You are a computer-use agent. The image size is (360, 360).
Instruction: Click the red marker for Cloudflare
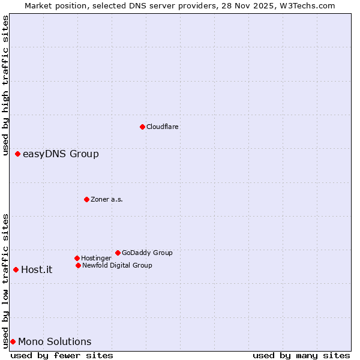point(142,127)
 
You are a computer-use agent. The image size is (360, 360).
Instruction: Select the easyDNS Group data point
point(17,154)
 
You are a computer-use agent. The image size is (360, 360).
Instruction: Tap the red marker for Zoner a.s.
point(86,199)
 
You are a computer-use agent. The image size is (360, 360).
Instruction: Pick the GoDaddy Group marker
point(118,253)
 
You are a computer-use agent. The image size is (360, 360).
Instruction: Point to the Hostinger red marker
point(77,258)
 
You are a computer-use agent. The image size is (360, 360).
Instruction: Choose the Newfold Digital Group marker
point(78,265)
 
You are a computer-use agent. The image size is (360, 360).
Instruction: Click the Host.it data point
point(16,270)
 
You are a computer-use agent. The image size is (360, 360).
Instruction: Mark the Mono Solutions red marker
point(13,342)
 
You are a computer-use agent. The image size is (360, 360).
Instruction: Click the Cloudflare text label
point(163,127)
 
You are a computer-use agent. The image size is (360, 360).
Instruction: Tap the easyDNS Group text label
point(61,154)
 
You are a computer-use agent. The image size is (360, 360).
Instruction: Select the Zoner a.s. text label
point(107,199)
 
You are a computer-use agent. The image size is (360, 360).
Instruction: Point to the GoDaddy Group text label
point(147,253)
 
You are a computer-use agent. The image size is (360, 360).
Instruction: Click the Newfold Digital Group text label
point(117,265)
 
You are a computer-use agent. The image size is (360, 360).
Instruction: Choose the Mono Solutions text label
point(55,342)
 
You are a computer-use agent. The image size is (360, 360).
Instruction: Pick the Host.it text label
point(37,270)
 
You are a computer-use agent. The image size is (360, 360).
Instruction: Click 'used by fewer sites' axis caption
point(62,356)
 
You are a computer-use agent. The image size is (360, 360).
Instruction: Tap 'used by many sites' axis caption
point(301,356)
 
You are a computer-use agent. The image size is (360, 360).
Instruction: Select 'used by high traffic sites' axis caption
point(5,81)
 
